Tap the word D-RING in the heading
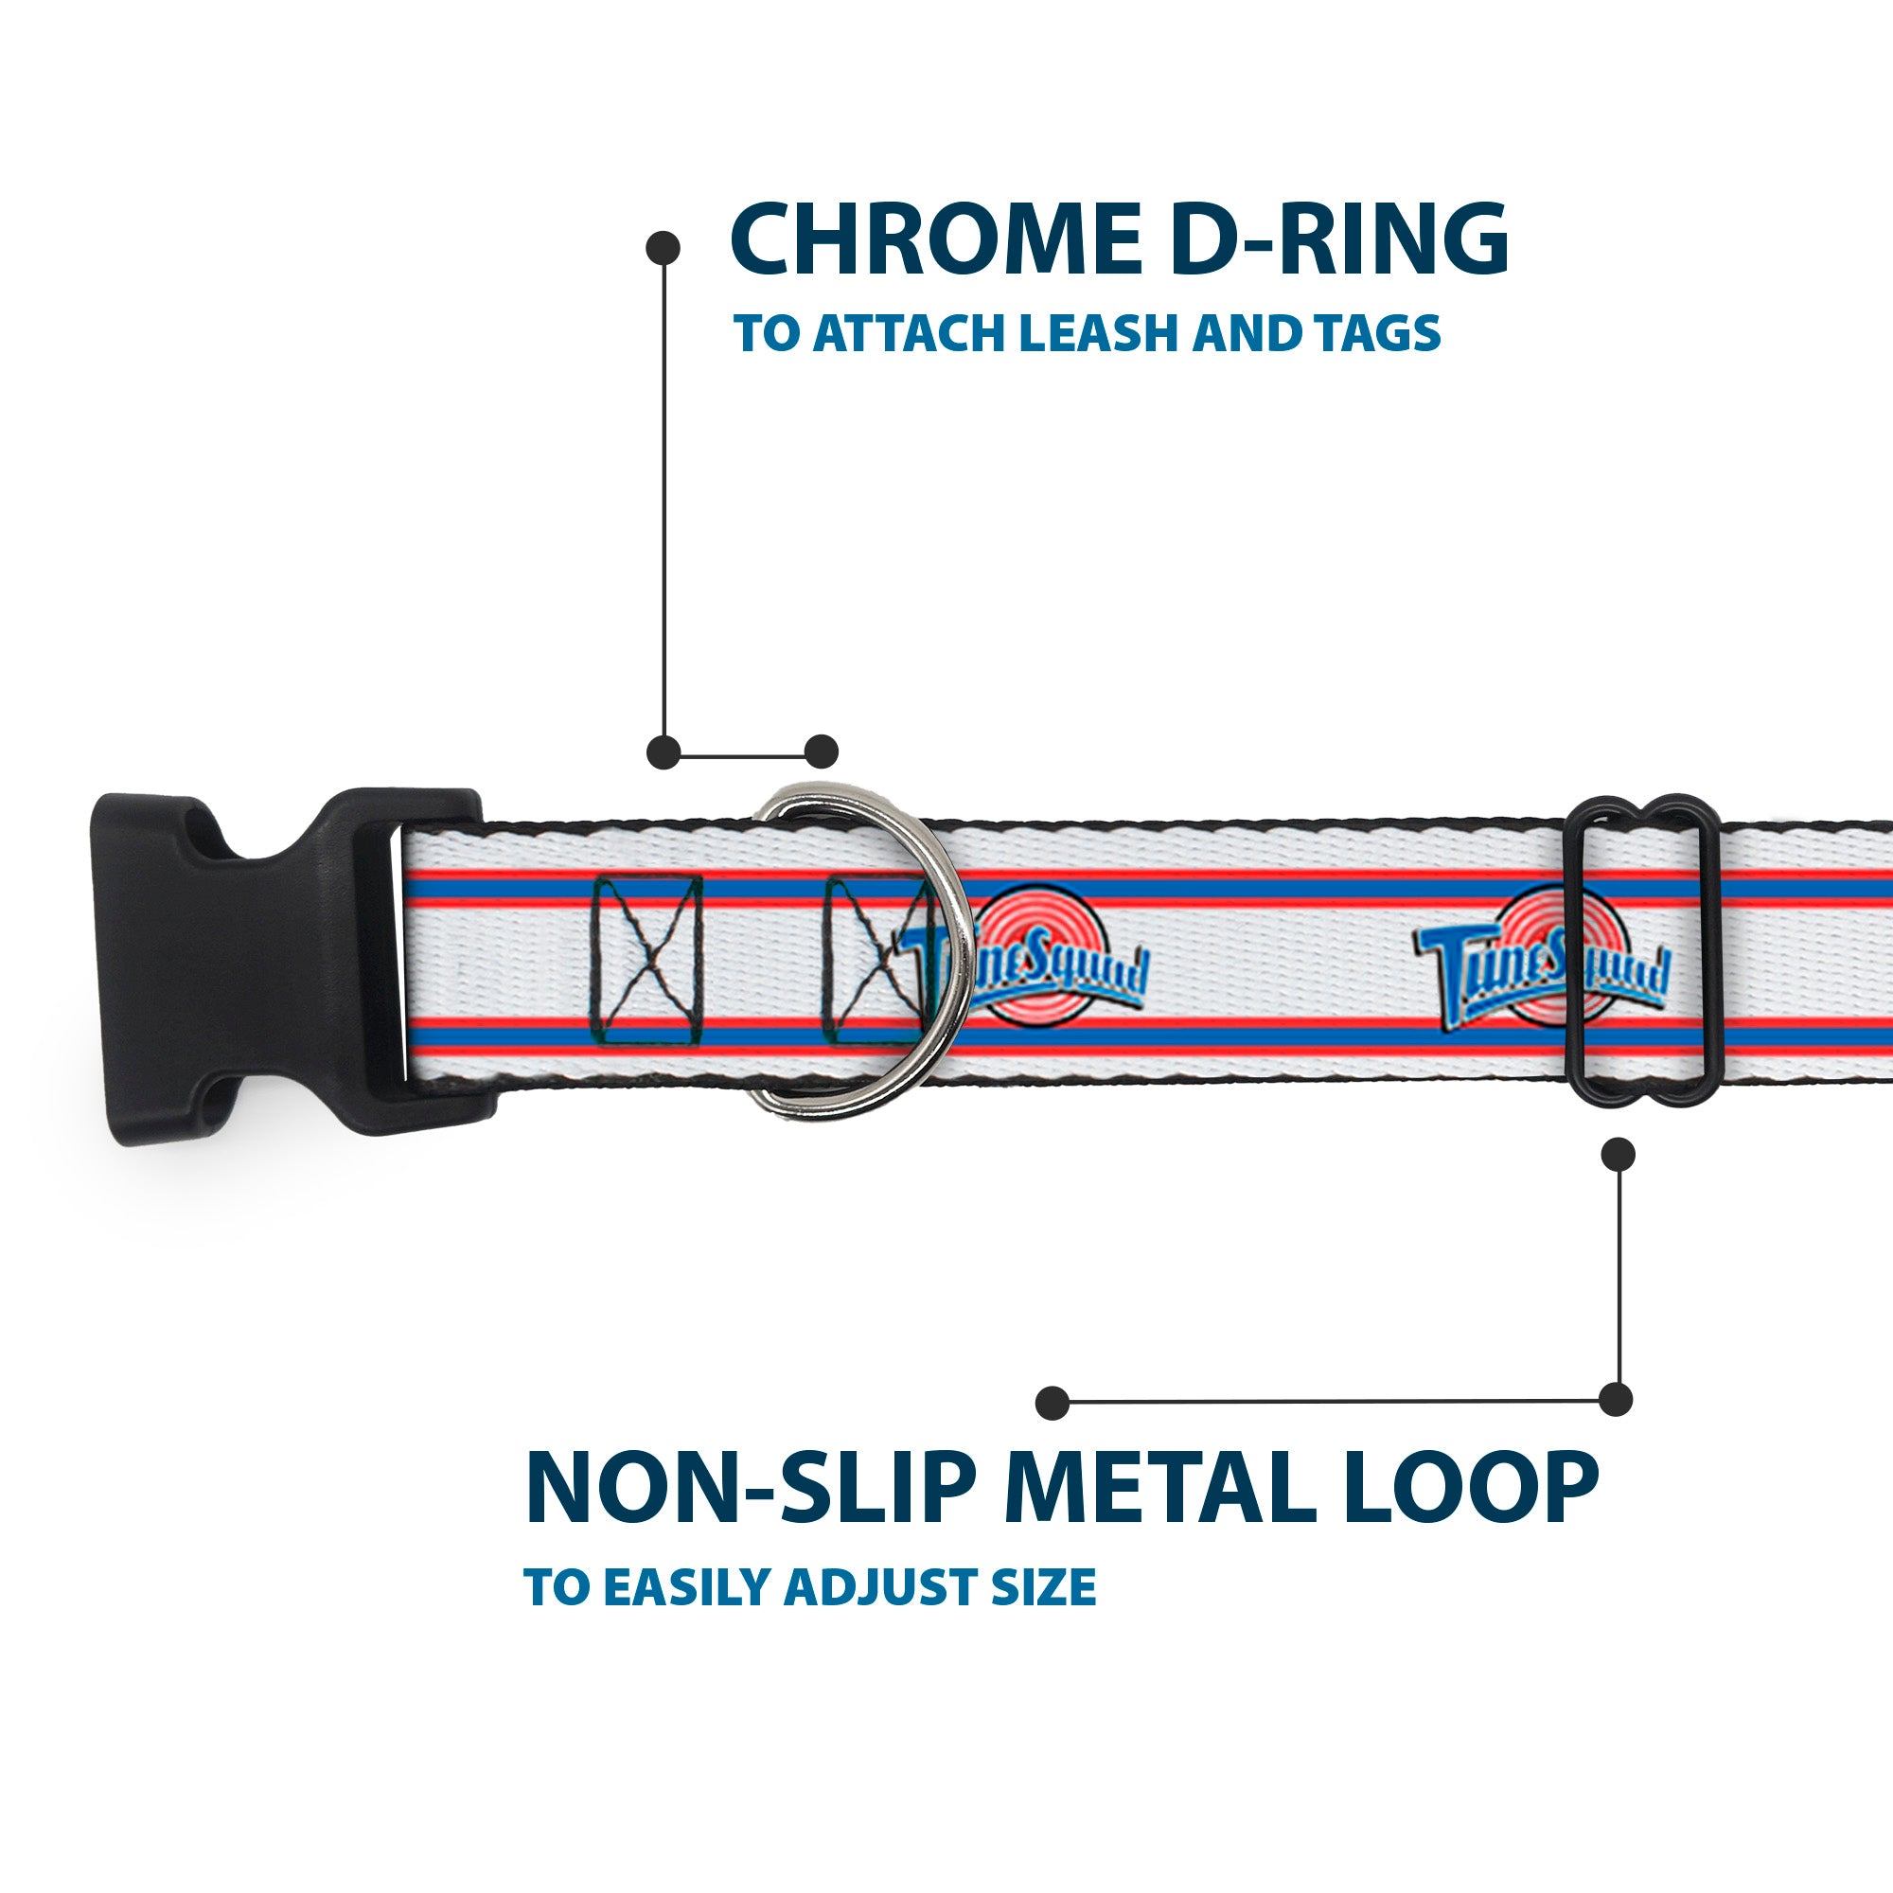click(x=1338, y=240)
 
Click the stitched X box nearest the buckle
click(x=647, y=959)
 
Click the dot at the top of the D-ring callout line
click(x=663, y=247)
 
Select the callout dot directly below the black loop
click(x=1618, y=1153)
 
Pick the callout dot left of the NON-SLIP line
click(x=1053, y=1402)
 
